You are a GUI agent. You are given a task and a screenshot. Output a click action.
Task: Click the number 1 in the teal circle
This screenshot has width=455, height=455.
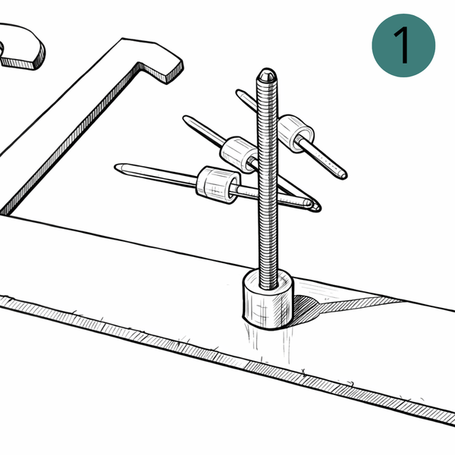(x=403, y=45)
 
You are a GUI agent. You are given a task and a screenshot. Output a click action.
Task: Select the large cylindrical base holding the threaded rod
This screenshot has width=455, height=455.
(x=268, y=300)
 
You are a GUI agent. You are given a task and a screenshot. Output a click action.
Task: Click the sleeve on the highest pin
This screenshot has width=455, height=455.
(x=296, y=133)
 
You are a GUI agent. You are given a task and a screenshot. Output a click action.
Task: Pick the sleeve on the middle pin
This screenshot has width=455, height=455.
(x=239, y=155)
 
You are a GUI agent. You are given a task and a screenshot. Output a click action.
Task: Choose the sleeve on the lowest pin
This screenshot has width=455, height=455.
(x=218, y=185)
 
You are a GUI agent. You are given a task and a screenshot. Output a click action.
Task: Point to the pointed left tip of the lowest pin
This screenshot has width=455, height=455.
(x=117, y=167)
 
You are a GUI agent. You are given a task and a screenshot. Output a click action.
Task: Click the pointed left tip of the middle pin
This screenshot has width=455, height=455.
(x=185, y=118)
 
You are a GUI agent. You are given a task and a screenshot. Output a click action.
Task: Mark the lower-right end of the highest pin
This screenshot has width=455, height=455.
(x=344, y=176)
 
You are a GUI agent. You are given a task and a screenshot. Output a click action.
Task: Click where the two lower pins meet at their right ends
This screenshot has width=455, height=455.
(x=314, y=206)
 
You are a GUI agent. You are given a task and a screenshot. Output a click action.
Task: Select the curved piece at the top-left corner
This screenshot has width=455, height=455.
(x=22, y=46)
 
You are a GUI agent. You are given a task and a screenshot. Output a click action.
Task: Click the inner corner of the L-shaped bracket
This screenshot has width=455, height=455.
(x=140, y=63)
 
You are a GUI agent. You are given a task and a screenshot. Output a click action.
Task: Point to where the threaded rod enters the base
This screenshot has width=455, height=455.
(x=268, y=285)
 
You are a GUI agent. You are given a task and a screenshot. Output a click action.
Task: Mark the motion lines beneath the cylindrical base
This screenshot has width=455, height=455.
(x=268, y=344)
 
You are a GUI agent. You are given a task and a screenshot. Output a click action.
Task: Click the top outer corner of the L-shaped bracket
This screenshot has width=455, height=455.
(x=122, y=39)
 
